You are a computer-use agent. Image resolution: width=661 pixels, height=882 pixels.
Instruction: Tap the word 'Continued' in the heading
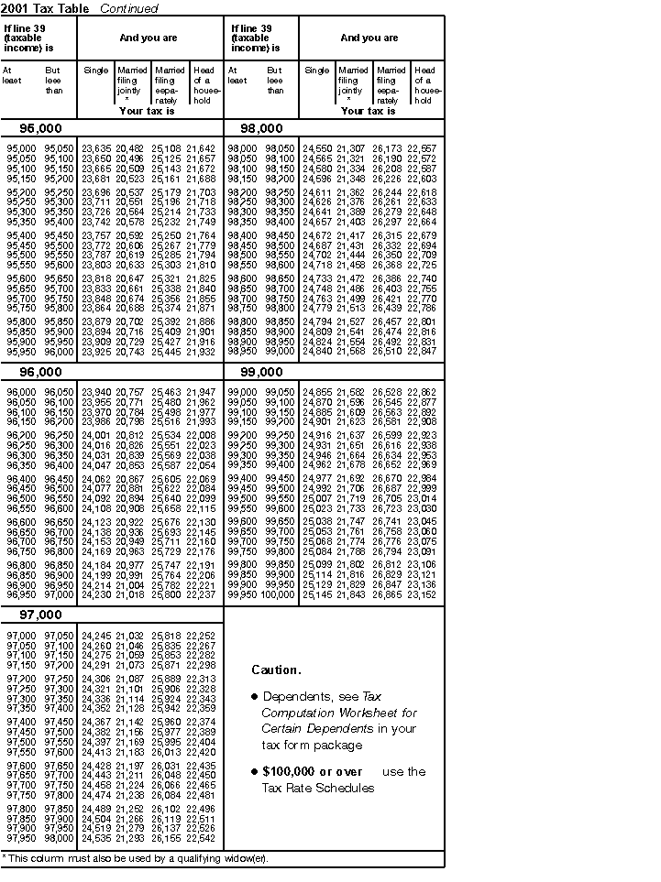pyautogui.click(x=128, y=8)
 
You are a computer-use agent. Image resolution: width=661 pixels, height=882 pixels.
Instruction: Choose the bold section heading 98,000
pyautogui.click(x=261, y=128)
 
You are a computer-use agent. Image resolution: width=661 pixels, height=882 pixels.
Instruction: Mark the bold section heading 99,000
pyautogui.click(x=261, y=373)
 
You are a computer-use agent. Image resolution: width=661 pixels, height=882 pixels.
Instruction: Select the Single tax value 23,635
pyautogui.click(x=96, y=148)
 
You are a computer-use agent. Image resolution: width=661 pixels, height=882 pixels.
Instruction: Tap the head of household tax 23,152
pyautogui.click(x=422, y=593)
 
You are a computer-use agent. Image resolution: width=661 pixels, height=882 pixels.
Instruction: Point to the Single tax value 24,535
pyautogui.click(x=96, y=837)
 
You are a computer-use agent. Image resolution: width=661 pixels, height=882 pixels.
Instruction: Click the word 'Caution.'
pyautogui.click(x=276, y=670)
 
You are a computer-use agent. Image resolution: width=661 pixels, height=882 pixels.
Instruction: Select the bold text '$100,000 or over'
pyautogui.click(x=312, y=772)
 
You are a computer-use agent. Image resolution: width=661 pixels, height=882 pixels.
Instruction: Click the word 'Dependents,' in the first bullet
pyautogui.click(x=293, y=697)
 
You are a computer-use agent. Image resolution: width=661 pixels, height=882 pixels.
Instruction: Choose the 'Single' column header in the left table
pyautogui.click(x=95, y=71)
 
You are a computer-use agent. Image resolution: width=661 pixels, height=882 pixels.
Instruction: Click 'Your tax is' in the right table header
pyautogui.click(x=368, y=111)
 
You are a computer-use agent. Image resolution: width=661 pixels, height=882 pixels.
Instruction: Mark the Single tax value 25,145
pyautogui.click(x=317, y=593)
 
